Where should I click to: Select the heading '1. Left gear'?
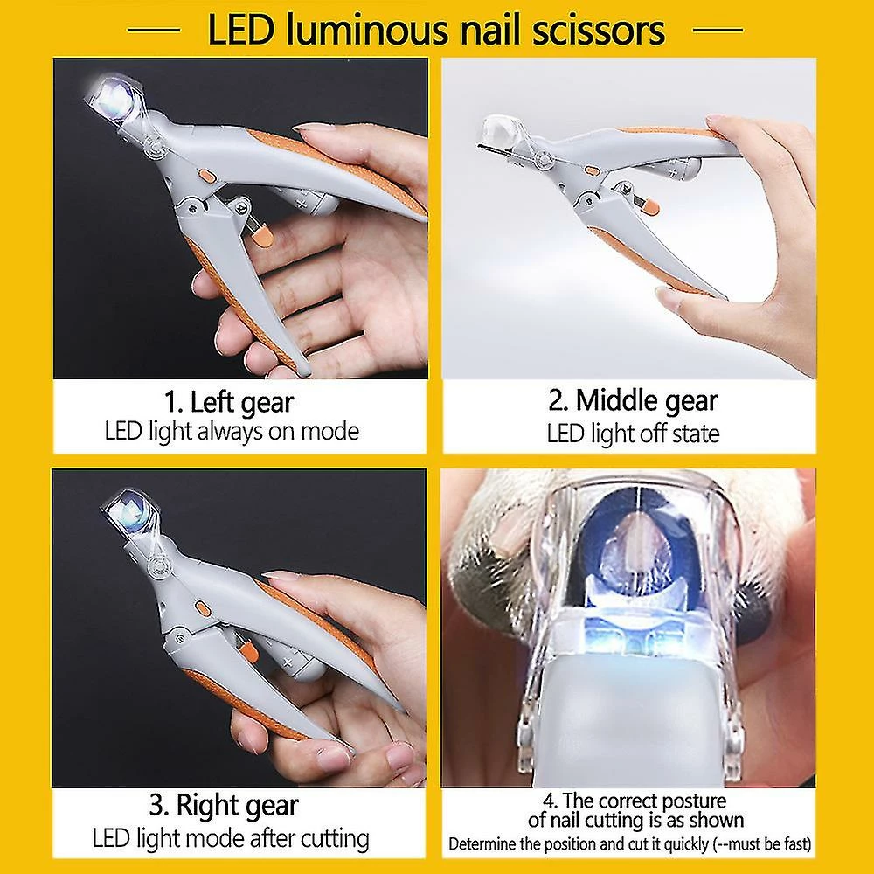coord(230,403)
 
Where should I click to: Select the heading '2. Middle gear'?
coord(633,401)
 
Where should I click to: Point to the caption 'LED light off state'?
coord(633,433)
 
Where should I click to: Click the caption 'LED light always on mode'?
coord(232,431)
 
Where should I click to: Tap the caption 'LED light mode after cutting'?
coord(231,839)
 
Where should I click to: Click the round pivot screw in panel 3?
coord(159,565)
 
